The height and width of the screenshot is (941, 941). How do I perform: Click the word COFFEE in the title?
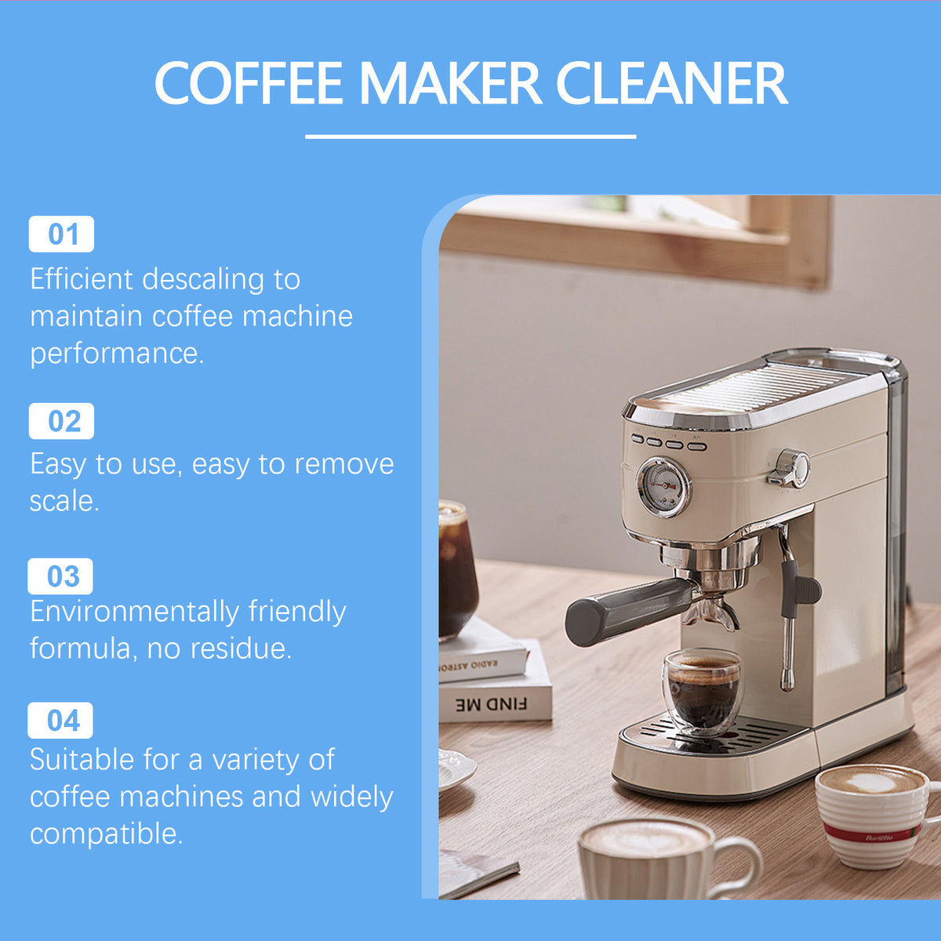[x=249, y=82]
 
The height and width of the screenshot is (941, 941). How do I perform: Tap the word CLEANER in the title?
[x=671, y=82]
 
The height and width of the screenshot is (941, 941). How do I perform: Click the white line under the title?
[x=470, y=136]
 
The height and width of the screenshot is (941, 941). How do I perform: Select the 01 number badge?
[x=61, y=234]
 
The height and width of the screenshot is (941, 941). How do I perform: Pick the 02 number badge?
[x=61, y=421]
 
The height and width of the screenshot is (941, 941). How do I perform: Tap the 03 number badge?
[x=60, y=576]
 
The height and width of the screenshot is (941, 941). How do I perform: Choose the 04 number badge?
[x=60, y=721]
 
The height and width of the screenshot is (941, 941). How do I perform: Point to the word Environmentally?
[x=135, y=612]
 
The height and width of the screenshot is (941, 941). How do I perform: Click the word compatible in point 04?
[x=106, y=834]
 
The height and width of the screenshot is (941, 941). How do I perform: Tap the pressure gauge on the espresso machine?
[x=663, y=487]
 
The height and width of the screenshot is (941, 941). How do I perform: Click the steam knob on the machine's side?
[x=790, y=468]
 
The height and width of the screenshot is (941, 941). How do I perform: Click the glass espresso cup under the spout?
[x=702, y=692]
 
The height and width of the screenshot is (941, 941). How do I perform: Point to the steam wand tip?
[x=787, y=683]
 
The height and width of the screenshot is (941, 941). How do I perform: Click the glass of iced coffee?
[x=457, y=569]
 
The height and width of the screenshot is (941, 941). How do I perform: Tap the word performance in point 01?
[x=117, y=354]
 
